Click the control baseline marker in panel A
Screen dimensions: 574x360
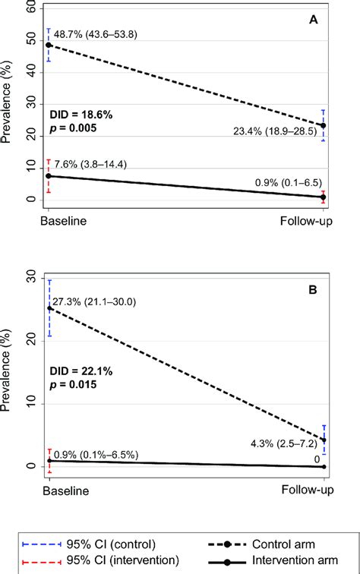pyautogui.click(x=49, y=46)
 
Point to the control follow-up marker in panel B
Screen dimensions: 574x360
pyautogui.click(x=324, y=440)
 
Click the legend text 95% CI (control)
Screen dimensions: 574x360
pyautogui.click(x=115, y=543)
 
